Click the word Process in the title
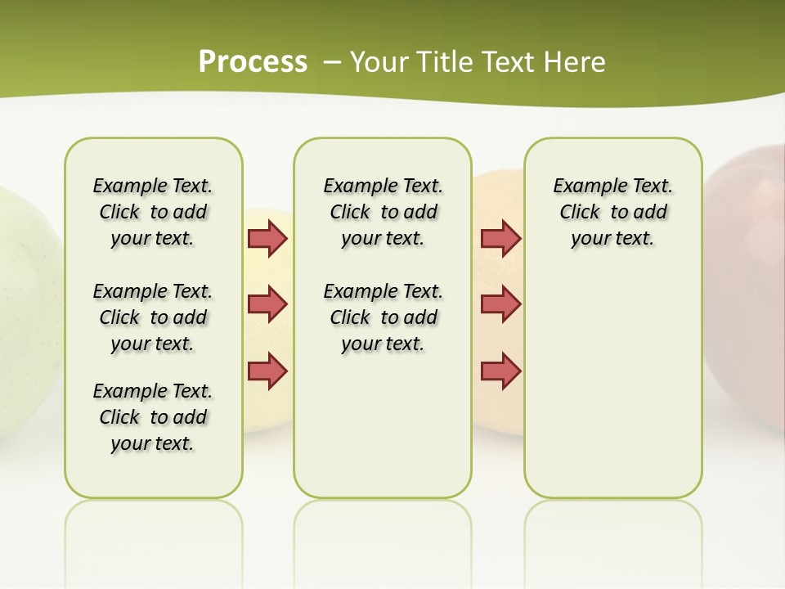[x=253, y=62]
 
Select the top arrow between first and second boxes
[x=267, y=238]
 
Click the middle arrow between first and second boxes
[x=267, y=304]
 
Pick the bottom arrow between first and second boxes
[x=267, y=371]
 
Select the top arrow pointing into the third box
[x=500, y=238]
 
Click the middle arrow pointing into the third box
[x=500, y=304]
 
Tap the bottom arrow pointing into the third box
[x=500, y=371]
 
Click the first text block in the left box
[x=153, y=212]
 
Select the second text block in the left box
[x=153, y=317]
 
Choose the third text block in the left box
[x=153, y=417]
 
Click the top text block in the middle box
[x=383, y=212]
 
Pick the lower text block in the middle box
[x=383, y=317]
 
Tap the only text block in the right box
[x=612, y=212]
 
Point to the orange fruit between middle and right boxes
[x=497, y=409]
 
